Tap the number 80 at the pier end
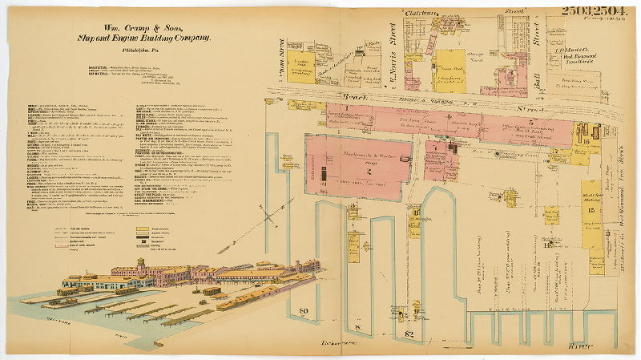[304, 311]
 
